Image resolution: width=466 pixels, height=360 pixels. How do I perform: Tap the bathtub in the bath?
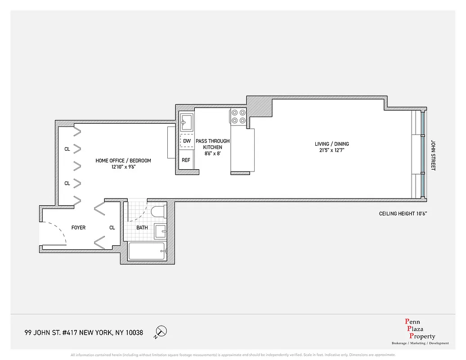[147, 252]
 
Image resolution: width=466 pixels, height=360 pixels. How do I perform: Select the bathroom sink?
[160, 231]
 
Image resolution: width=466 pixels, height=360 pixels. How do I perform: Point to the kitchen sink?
[186, 120]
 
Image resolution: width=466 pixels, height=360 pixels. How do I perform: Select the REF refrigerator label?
[186, 160]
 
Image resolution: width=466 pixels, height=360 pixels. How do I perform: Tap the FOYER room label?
[78, 228]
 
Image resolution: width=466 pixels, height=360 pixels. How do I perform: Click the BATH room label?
[142, 228]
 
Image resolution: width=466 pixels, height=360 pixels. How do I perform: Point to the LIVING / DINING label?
[332, 144]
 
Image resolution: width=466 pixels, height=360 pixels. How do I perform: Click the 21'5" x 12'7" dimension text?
[332, 150]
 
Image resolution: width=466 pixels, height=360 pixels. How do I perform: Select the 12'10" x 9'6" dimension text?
[123, 167]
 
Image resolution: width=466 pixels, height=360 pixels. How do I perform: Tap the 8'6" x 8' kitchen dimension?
[212, 153]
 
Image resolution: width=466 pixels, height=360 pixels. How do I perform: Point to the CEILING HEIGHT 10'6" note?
[403, 214]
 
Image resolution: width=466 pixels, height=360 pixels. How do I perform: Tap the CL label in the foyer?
[112, 228]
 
